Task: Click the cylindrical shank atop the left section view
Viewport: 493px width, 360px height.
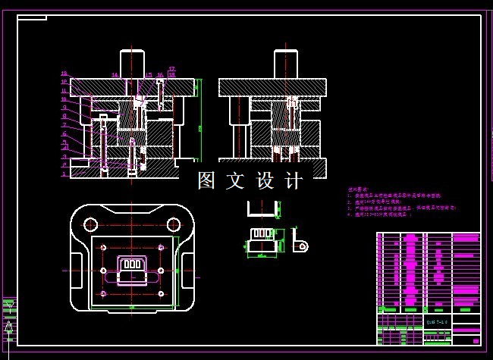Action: [132, 62]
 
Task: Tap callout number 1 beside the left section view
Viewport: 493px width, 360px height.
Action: [65, 174]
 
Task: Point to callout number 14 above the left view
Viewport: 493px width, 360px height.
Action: [115, 75]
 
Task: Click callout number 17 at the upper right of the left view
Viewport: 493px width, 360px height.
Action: [172, 70]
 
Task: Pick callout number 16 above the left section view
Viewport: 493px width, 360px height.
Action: [160, 75]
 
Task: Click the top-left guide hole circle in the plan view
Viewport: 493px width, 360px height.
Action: [91, 224]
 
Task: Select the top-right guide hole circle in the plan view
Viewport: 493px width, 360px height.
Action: [174, 224]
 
